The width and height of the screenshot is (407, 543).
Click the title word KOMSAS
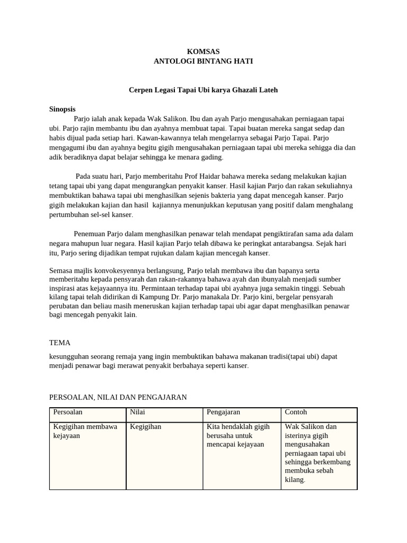(203, 51)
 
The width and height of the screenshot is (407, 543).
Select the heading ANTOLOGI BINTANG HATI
(203, 61)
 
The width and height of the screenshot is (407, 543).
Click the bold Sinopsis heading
(62, 109)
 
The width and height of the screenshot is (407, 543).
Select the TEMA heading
(59, 343)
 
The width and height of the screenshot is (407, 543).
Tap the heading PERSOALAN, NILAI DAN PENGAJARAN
(118, 397)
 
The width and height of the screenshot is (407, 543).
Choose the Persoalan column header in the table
(68, 411)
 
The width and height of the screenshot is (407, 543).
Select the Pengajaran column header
(223, 411)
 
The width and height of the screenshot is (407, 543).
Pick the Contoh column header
(296, 411)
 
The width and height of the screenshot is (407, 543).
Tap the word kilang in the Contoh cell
(294, 479)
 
